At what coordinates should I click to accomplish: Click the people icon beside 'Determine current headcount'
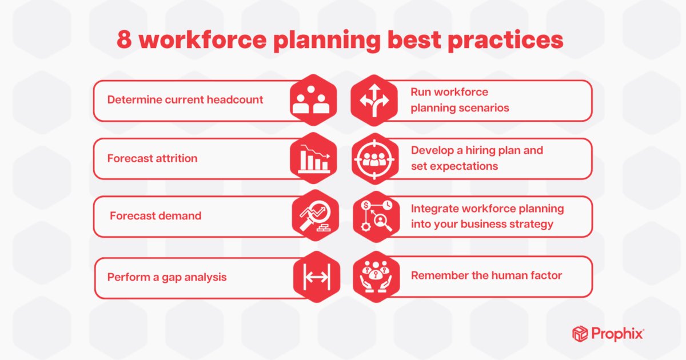(x=312, y=100)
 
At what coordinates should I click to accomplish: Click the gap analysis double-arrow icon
(x=316, y=278)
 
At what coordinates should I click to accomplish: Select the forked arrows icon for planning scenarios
(x=373, y=100)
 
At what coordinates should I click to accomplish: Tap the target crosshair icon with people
(x=375, y=158)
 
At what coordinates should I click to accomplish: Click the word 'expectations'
(x=464, y=166)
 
